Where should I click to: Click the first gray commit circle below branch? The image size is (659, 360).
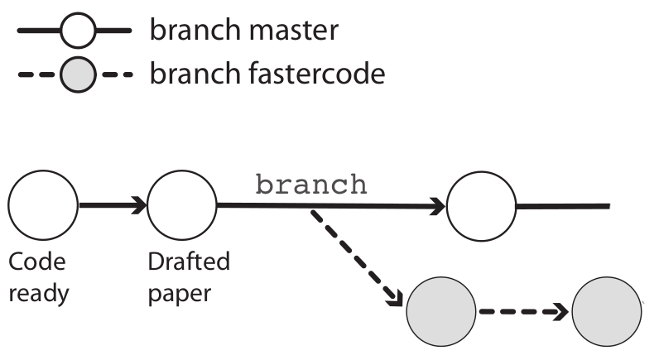pyautogui.click(x=441, y=313)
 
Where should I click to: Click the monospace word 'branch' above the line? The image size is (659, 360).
pyautogui.click(x=310, y=184)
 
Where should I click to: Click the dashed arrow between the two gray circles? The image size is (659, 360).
pyautogui.click(x=522, y=313)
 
